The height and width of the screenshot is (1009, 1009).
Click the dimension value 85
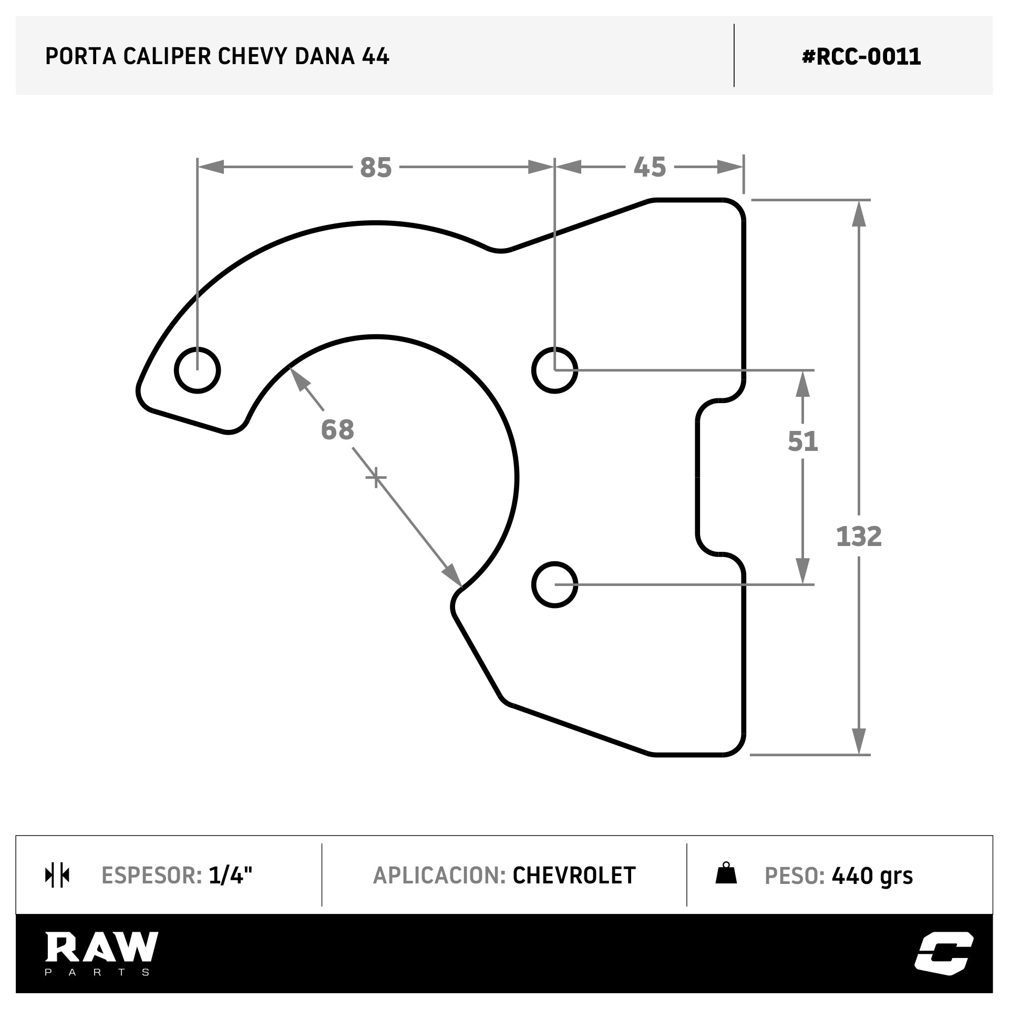(376, 168)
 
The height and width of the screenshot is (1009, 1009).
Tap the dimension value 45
(650, 168)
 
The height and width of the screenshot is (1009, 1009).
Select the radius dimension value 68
(337, 429)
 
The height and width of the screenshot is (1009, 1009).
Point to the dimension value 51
(802, 441)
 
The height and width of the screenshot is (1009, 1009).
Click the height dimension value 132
(859, 537)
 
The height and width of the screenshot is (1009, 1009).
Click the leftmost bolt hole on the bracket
(197, 370)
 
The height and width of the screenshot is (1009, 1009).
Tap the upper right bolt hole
(554, 370)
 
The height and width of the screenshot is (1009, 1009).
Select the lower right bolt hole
(554, 584)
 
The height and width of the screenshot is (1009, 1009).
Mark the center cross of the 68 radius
(376, 478)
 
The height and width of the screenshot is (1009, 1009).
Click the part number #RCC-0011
(861, 56)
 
